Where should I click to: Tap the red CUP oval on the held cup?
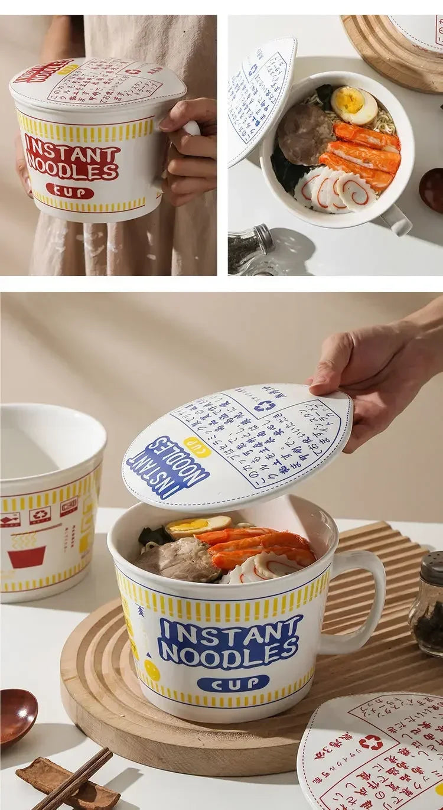click(70, 191)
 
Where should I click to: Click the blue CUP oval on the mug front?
click(233, 684)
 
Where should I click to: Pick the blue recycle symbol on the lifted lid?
click(265, 406)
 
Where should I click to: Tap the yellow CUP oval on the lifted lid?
click(197, 447)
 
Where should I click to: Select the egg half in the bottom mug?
click(198, 525)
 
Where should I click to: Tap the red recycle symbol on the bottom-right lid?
click(370, 742)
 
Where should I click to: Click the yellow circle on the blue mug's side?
click(152, 669)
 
